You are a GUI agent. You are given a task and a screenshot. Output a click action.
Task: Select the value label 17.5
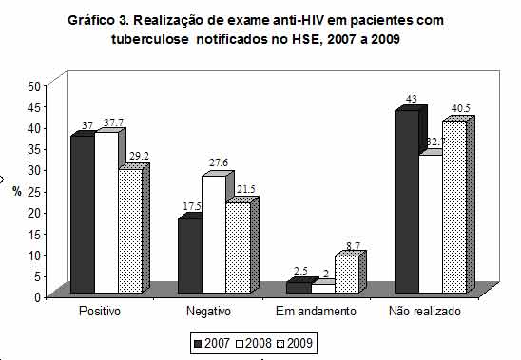[x=189, y=207]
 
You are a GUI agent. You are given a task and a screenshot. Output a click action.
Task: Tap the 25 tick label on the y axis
[x=32, y=190]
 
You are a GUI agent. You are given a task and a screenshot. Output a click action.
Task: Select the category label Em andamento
[x=317, y=312]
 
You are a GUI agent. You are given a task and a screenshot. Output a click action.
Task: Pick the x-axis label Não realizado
[x=428, y=312]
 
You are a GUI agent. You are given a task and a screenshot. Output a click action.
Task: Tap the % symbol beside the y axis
[x=16, y=190]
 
